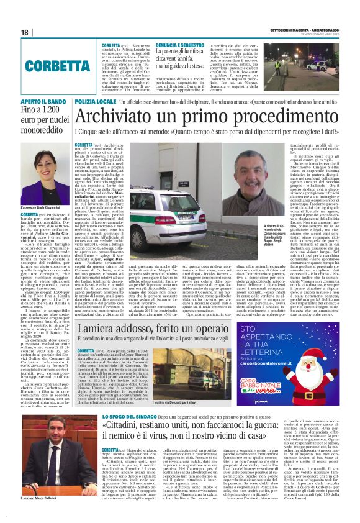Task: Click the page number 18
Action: pos(25,32)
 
